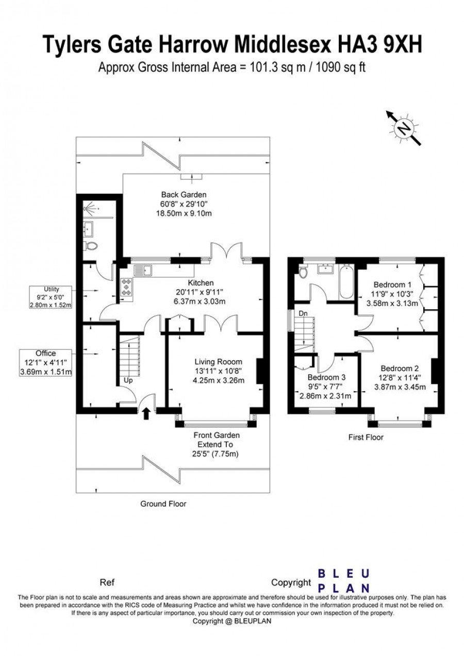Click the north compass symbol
pyautogui.click(x=403, y=128)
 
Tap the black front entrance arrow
pyautogui.click(x=146, y=414)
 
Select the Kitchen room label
pyautogui.click(x=201, y=283)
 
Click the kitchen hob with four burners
pyautogui.click(x=127, y=287)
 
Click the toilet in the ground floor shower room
pyautogui.click(x=90, y=246)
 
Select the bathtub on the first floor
pyautogui.click(x=346, y=281)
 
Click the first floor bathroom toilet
pyautogui.click(x=303, y=271)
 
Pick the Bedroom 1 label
pyautogui.click(x=392, y=284)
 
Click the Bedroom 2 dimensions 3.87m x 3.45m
pyautogui.click(x=400, y=387)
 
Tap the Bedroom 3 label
pyautogui.click(x=327, y=377)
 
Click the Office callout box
pyautogui.click(x=45, y=363)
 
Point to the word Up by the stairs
pyautogui.click(x=128, y=381)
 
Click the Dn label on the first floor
pyautogui.click(x=303, y=313)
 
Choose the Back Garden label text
pyautogui.click(x=184, y=194)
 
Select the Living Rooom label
pyautogui.click(x=219, y=362)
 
